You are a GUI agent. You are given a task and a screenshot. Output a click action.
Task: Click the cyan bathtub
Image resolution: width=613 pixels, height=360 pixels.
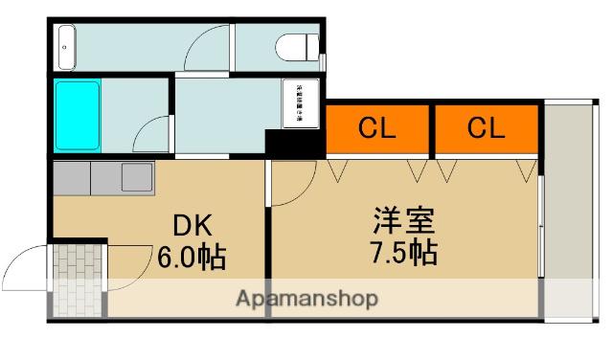[x=77, y=115]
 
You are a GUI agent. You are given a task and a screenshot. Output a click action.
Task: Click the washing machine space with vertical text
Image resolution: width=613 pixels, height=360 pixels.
[x=298, y=102]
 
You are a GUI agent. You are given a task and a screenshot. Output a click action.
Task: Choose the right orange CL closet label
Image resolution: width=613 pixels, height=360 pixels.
[x=486, y=129]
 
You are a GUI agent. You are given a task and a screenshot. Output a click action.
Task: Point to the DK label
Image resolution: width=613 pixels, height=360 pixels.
[x=193, y=226]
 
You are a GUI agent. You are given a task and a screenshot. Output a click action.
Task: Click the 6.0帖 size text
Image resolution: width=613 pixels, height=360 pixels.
[x=193, y=257]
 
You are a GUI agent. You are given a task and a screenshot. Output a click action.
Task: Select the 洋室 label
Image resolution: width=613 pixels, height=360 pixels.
[x=404, y=221]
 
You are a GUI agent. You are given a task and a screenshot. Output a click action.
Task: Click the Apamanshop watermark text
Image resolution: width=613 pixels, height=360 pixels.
[x=306, y=298]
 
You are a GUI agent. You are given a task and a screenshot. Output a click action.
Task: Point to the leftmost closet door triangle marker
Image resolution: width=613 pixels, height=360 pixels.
[x=337, y=170]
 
